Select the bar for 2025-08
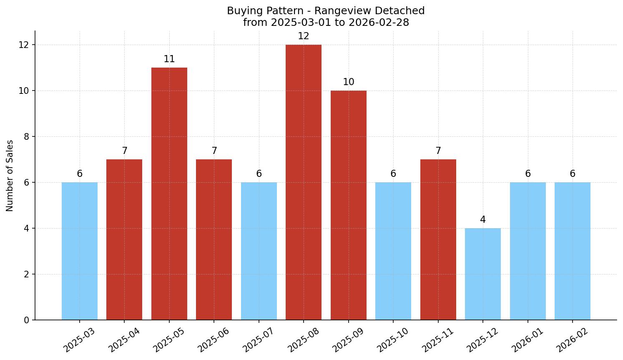click(304, 182)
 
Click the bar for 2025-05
click(169, 194)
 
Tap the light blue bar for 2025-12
click(483, 274)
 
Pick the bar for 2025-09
click(349, 205)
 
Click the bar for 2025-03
click(80, 251)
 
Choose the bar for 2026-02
click(573, 251)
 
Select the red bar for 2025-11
click(438, 239)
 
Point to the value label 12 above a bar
click(304, 36)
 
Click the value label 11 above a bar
click(169, 59)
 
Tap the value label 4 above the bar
click(483, 220)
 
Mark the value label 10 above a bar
click(349, 82)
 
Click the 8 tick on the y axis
click(26, 137)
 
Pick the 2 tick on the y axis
click(26, 274)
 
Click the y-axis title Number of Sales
click(10, 176)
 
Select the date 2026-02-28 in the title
click(379, 23)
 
